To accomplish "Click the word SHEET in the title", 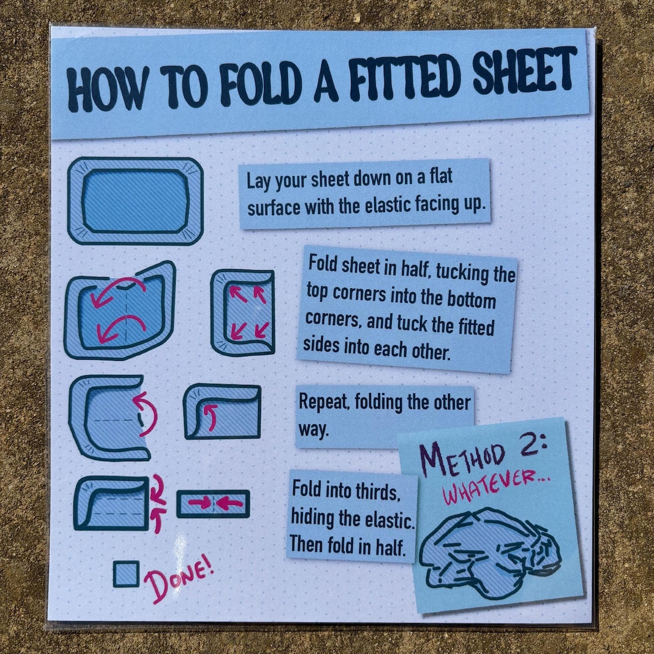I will [x=524, y=73].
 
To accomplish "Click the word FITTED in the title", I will [x=402, y=79].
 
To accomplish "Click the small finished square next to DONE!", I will [x=126, y=574].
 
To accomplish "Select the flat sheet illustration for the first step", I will [x=135, y=201].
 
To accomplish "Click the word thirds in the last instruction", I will [x=376, y=493].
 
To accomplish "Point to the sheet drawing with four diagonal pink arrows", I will [x=243, y=313].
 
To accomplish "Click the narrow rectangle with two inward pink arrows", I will [x=213, y=504].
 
